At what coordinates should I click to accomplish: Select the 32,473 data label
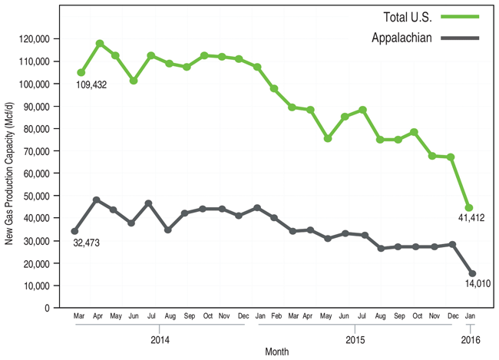pyautogui.click(x=88, y=243)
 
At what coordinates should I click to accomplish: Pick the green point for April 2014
pyautogui.click(x=99, y=44)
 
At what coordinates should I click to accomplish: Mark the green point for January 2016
pyautogui.click(x=468, y=208)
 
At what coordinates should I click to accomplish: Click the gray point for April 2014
pyautogui.click(x=97, y=200)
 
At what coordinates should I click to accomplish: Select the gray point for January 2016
pyautogui.click(x=471, y=273)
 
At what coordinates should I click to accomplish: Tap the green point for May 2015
pyautogui.click(x=328, y=139)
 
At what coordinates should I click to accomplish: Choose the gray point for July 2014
pyautogui.click(x=149, y=203)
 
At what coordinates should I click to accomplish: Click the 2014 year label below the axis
pyautogui.click(x=160, y=339)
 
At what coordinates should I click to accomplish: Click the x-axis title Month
pyautogui.click(x=276, y=351)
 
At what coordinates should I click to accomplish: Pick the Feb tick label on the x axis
pyautogui.click(x=274, y=316)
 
